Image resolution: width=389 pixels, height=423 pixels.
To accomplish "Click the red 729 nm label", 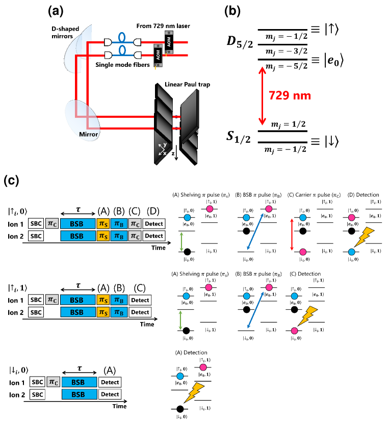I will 290,96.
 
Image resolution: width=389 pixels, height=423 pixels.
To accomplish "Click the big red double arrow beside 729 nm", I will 262,96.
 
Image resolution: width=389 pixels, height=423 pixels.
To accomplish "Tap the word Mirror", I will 88,135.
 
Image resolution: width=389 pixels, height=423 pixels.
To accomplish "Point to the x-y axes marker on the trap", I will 163,149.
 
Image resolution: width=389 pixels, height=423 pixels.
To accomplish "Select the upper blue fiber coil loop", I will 122,37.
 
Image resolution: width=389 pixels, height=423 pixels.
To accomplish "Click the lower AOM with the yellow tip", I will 158,56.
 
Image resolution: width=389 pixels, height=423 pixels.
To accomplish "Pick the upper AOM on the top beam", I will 169,42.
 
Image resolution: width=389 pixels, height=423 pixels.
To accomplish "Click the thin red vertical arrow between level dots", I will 292,234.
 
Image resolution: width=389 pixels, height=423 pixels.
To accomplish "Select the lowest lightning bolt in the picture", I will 194,392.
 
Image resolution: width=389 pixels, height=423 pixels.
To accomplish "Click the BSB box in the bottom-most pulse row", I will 79,394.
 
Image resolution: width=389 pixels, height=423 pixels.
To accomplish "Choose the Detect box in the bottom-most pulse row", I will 110,394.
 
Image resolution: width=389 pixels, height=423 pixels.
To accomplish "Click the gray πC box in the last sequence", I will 53,382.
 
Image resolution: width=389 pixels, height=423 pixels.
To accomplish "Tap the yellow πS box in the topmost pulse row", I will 103,224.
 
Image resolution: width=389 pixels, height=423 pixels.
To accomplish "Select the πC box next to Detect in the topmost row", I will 135,224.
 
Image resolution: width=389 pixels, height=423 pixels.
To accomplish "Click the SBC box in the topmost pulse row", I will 36,224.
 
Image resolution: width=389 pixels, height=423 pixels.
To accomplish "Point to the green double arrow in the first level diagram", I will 181,242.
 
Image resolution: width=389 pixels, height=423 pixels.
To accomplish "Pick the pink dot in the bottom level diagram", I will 203,367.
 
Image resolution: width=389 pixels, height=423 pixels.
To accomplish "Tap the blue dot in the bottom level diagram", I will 180,376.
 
